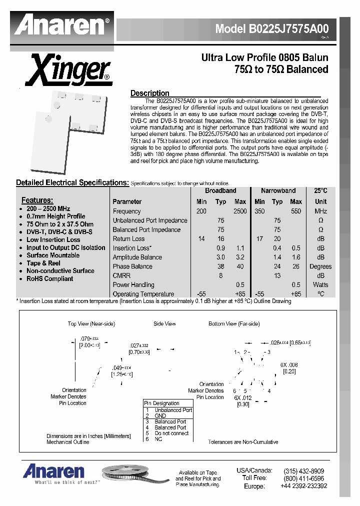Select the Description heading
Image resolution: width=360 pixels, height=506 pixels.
(x=149, y=93)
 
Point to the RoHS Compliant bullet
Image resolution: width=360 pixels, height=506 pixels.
(x=49, y=278)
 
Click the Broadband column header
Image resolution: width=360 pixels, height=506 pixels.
(x=220, y=191)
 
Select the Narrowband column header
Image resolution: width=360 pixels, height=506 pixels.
(x=278, y=191)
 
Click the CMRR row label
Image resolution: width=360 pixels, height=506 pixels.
(x=121, y=275)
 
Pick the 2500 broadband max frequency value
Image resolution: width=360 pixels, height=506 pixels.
(x=240, y=211)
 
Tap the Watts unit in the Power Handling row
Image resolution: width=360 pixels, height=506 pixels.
(x=320, y=285)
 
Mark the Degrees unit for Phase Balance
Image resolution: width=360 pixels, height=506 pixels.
(x=320, y=266)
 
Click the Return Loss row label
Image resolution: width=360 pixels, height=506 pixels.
(x=128, y=239)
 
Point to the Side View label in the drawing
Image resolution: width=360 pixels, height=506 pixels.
(x=164, y=324)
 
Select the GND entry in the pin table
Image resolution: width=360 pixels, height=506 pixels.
(x=160, y=415)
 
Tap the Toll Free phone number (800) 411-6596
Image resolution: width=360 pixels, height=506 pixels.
(x=303, y=478)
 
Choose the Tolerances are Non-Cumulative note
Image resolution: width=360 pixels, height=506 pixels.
(x=243, y=442)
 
